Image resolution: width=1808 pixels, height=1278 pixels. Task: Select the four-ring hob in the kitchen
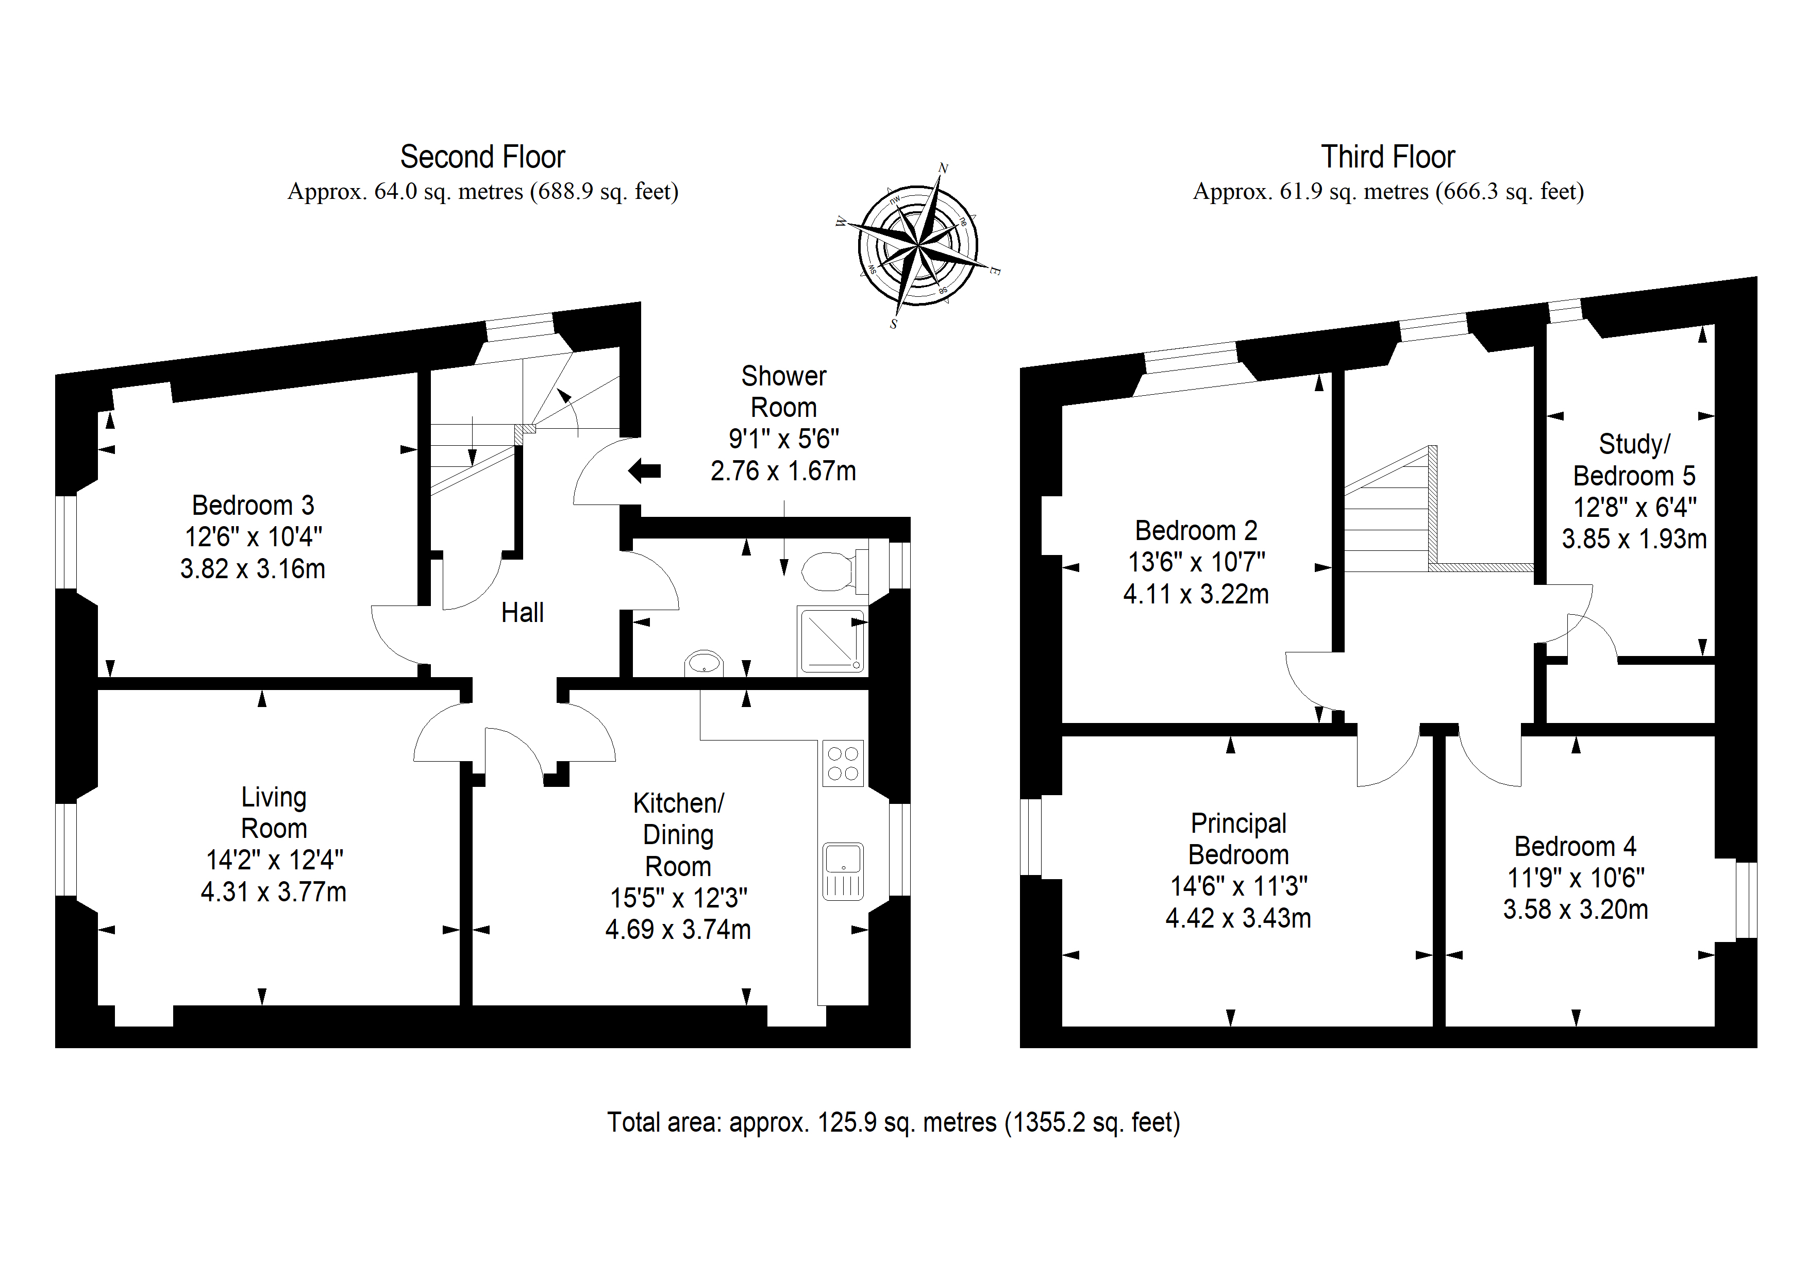coord(843,763)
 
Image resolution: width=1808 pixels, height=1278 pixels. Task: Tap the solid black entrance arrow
coord(644,471)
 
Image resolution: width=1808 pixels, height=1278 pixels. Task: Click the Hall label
coord(522,613)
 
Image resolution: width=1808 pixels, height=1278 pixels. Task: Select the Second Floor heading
coord(483,157)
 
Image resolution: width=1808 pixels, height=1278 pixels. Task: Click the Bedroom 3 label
coord(253,505)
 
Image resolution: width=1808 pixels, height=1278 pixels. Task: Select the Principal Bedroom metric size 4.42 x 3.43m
coord(1238,917)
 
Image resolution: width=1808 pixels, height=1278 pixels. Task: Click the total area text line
coord(894,1122)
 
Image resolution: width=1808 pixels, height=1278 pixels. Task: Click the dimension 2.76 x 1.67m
coord(783,471)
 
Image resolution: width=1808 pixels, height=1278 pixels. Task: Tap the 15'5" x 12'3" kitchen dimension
coord(678,898)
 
